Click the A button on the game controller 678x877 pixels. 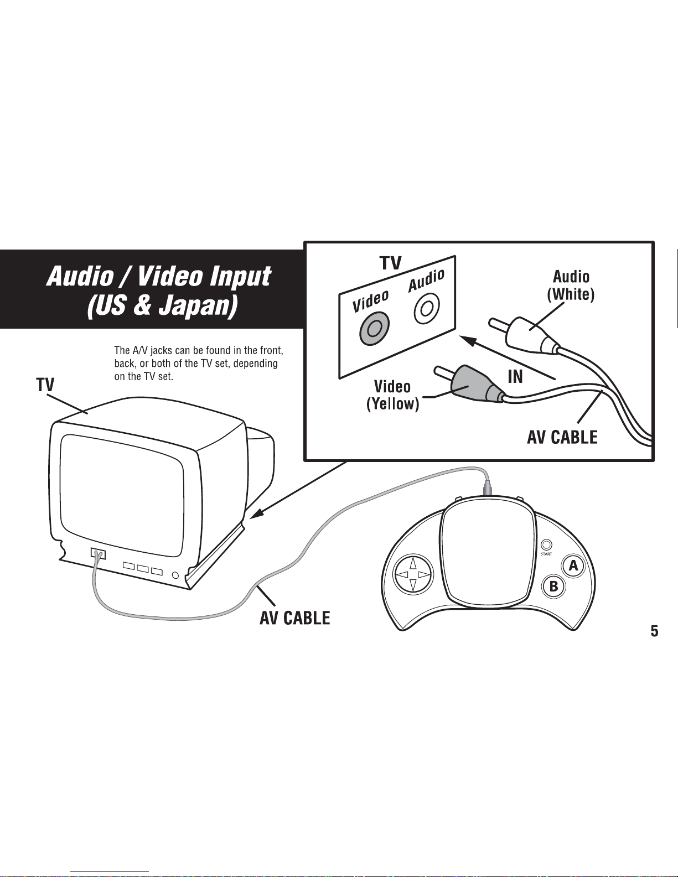tap(573, 565)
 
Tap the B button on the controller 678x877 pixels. tap(553, 587)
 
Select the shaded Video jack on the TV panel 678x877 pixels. tap(374, 328)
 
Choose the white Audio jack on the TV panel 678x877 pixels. tap(426, 309)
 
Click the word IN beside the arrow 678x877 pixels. tap(515, 377)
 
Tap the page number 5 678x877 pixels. tap(654, 631)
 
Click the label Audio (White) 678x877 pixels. tap(571, 286)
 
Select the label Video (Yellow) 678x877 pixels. tap(392, 395)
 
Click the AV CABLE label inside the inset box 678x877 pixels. tap(562, 437)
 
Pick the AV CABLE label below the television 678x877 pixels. tap(294, 617)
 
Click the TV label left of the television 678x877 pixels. tap(45, 385)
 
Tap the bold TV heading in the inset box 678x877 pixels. tap(390, 263)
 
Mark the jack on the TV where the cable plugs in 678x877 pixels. tap(98, 553)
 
